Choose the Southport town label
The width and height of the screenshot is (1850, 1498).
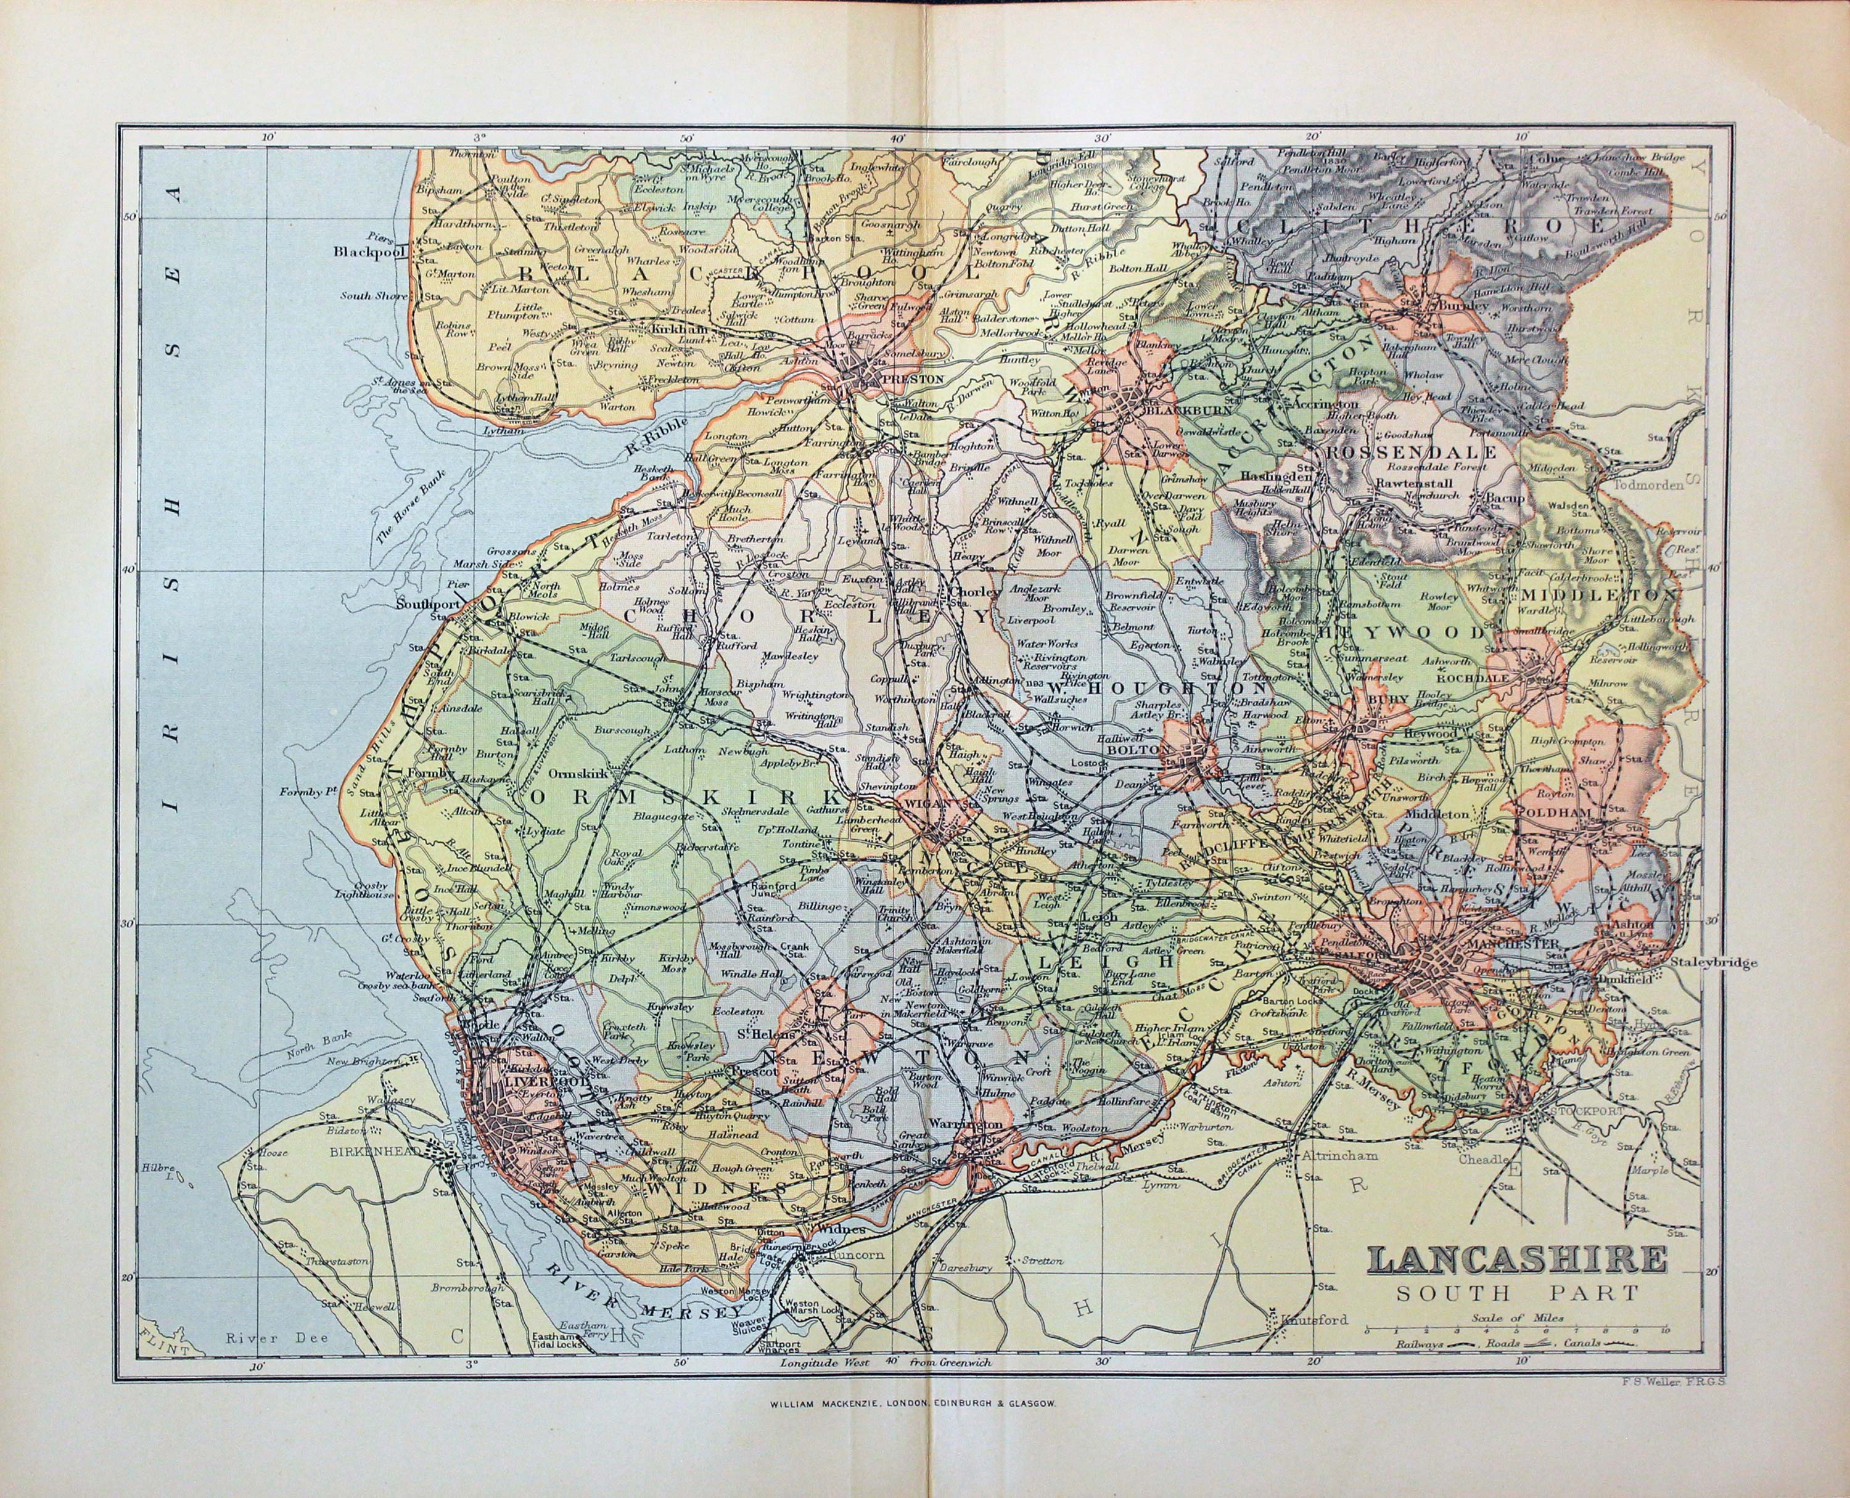coord(425,604)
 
